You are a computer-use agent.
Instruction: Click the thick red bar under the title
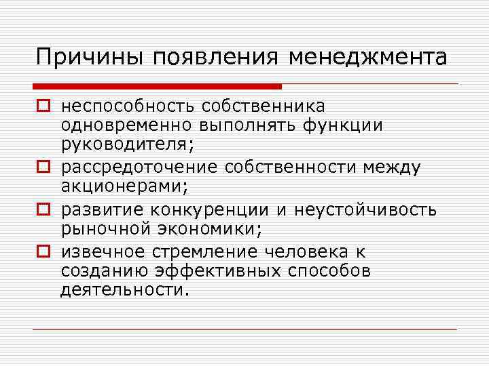tap(157, 87)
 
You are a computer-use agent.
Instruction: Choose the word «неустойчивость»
tap(363, 210)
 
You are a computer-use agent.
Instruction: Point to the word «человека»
tap(300, 253)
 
